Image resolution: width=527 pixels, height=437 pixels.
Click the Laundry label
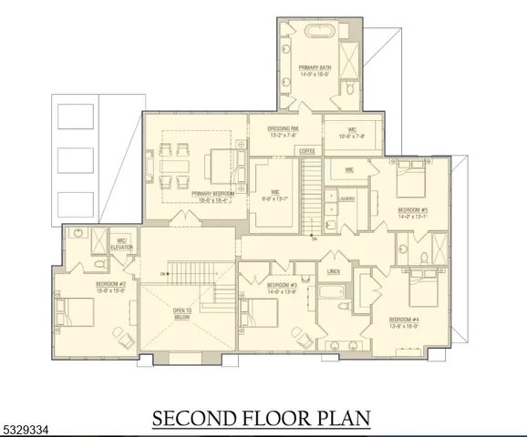click(346, 198)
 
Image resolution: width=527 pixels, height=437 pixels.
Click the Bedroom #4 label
click(404, 320)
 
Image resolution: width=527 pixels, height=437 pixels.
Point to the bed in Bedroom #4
click(427, 290)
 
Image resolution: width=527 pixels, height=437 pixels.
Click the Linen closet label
click(333, 272)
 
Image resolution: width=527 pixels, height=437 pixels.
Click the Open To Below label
click(181, 313)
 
